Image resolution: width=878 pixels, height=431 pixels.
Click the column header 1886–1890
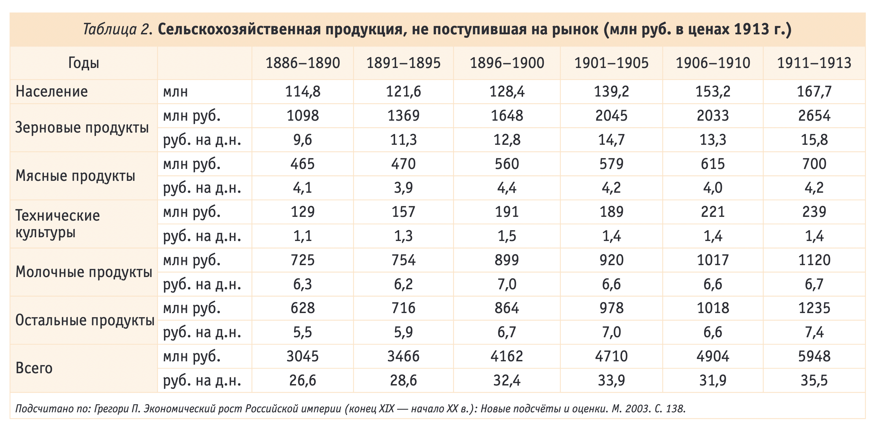pos(302,63)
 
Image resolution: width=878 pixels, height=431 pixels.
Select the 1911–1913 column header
pos(814,63)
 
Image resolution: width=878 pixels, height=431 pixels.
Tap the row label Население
pos(52,91)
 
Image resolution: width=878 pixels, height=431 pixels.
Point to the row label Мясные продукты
pos(75,176)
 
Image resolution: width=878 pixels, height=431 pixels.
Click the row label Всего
pos(34,368)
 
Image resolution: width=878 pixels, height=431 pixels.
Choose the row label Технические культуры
pos(58,224)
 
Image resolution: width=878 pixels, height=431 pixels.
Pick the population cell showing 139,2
pos(611,91)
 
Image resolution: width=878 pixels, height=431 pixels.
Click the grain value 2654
pos(814,116)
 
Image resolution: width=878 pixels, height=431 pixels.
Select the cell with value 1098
pos(302,116)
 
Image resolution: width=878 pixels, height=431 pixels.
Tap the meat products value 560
pos(507,164)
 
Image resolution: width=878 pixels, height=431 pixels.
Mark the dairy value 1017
pos(713,260)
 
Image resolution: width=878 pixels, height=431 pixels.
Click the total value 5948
pos(814,357)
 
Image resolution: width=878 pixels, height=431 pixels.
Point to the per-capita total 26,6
pos(302,380)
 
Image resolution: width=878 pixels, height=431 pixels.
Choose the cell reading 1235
pos(814,308)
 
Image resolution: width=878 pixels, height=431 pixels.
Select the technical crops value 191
pos(507,212)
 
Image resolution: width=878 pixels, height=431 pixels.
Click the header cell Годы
pos(83,63)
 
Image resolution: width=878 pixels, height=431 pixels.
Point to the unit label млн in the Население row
pos(175,91)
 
